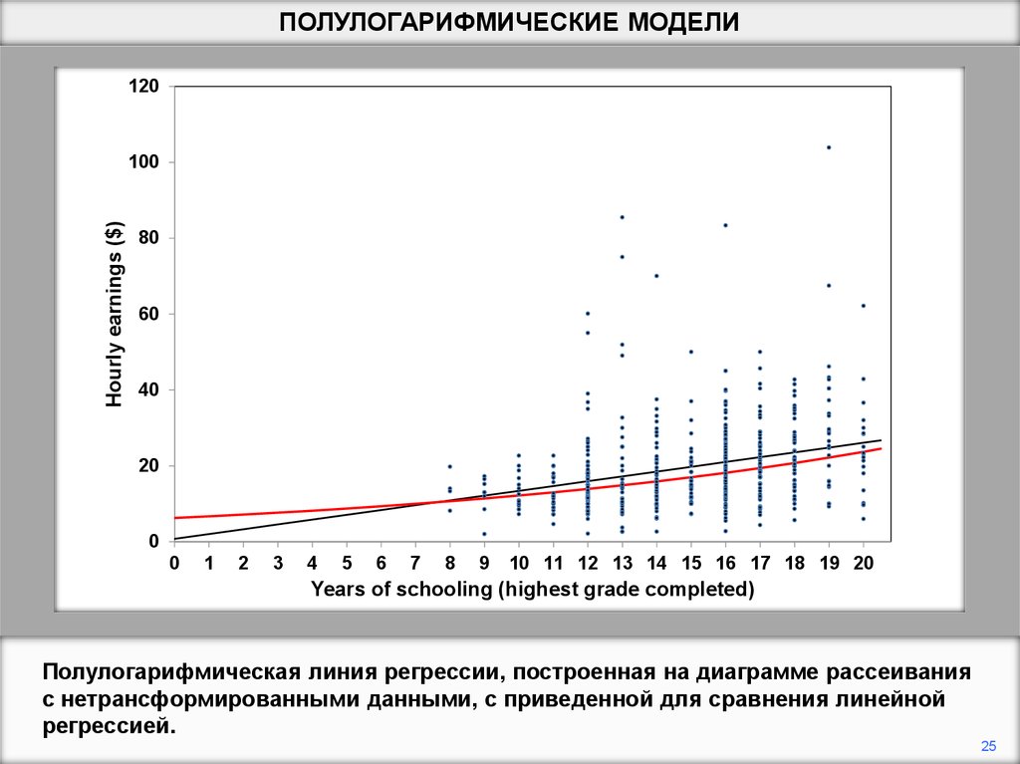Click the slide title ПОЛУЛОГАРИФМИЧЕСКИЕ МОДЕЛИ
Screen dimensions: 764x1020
coord(509,22)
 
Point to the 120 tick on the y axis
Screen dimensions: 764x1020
coord(143,87)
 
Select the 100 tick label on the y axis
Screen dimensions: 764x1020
coord(143,162)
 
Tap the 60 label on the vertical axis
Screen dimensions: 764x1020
coord(147,314)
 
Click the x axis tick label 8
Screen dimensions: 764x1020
coord(449,563)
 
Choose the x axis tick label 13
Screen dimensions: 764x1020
coord(622,563)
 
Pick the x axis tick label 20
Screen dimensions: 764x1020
coord(863,563)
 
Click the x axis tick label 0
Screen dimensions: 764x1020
coord(174,563)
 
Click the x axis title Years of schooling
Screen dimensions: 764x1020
coord(532,589)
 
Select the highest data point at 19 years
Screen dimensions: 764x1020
coord(829,147)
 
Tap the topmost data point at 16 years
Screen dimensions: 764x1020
coord(725,225)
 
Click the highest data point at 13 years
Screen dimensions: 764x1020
coord(622,217)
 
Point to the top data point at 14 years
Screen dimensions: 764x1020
coord(656,276)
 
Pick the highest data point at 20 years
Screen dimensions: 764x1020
coord(863,306)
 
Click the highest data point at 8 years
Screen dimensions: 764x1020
coord(450,466)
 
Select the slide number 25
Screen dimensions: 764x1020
coord(989,745)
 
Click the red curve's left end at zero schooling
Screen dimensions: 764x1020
coord(176,518)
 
